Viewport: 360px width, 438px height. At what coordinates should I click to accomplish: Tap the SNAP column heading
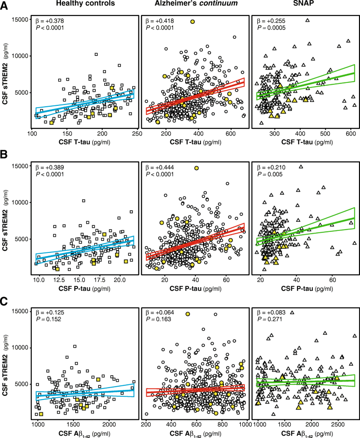(x=304, y=5)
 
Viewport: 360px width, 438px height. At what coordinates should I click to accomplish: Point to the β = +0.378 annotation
(x=50, y=21)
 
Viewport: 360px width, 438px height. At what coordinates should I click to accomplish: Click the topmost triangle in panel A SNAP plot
(x=308, y=20)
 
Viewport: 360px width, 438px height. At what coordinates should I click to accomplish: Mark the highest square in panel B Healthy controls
(x=83, y=201)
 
